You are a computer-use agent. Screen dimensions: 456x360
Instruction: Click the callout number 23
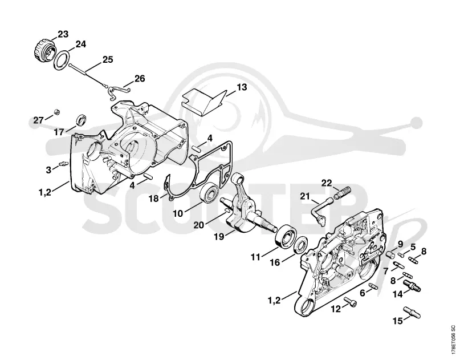(x=63, y=34)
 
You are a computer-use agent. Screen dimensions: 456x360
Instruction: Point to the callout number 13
(x=241, y=87)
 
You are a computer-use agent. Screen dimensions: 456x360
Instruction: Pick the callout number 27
(x=38, y=120)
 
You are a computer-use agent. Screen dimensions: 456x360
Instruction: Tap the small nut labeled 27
(x=56, y=112)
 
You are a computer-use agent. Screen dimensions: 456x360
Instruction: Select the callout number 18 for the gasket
(x=154, y=199)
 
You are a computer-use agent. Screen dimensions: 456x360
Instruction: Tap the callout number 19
(x=219, y=237)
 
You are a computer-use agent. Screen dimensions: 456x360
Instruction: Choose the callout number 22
(x=326, y=183)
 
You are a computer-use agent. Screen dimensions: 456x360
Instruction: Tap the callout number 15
(x=398, y=321)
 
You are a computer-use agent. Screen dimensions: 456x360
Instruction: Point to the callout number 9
(x=400, y=244)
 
